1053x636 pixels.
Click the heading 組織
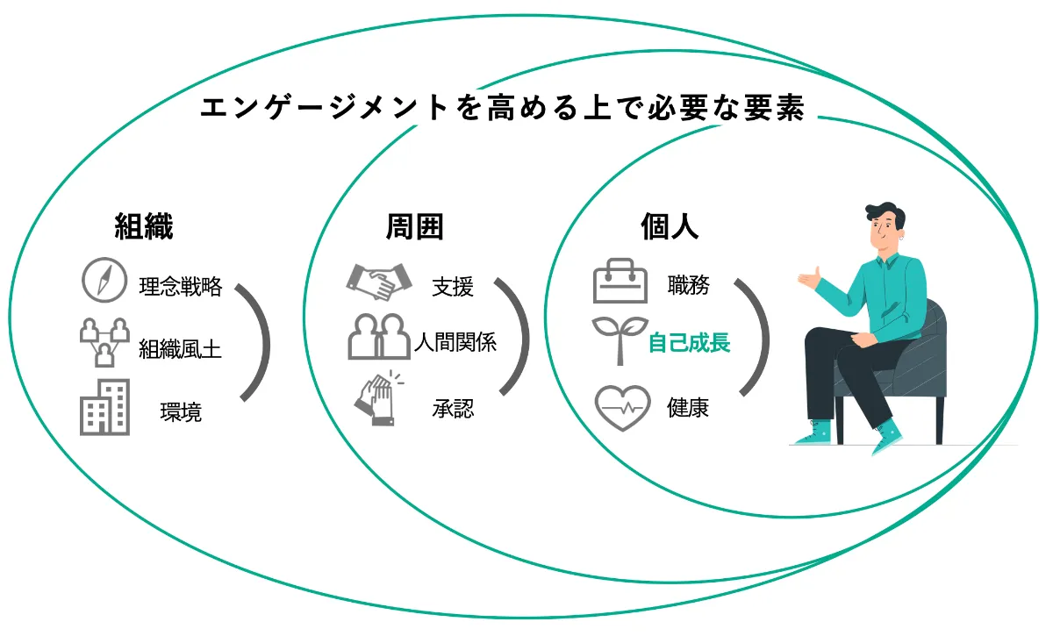coord(144,227)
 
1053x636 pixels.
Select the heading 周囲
coord(414,227)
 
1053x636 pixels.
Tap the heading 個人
coord(670,227)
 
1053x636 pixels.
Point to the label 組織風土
coord(180,350)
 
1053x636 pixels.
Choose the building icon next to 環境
coord(104,407)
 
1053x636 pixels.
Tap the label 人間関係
coord(455,342)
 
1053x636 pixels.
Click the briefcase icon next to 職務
coord(620,281)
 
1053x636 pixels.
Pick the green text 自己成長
coord(690,343)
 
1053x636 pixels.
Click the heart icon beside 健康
coord(622,408)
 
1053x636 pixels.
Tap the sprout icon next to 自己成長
coord(620,338)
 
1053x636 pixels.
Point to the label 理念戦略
coord(181,287)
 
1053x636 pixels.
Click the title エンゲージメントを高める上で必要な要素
coord(502,108)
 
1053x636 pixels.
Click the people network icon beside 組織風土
coord(104,342)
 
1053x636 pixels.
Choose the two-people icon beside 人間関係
coord(379,338)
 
